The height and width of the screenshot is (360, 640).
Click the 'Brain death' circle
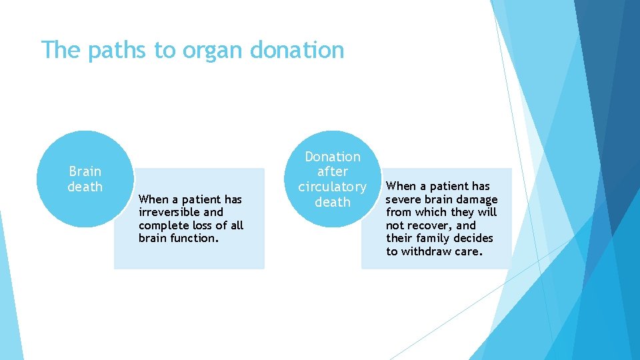click(85, 179)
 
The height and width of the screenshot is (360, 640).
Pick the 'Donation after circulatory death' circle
click(332, 179)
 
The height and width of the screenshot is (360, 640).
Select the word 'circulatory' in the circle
click(332, 187)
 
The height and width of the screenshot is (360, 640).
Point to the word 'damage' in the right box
click(476, 199)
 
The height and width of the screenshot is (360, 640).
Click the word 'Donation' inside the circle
click(332, 157)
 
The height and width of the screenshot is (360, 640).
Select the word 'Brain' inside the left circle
click(85, 171)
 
